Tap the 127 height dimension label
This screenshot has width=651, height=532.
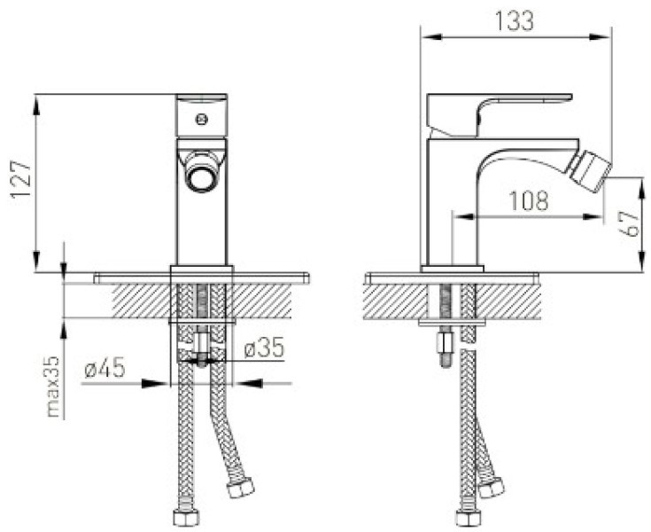21,180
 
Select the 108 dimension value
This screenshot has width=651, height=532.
529,200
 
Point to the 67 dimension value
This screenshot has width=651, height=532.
631,224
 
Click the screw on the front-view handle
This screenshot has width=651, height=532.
202,120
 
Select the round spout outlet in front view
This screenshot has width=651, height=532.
201,171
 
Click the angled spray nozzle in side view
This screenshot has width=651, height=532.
591,171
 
